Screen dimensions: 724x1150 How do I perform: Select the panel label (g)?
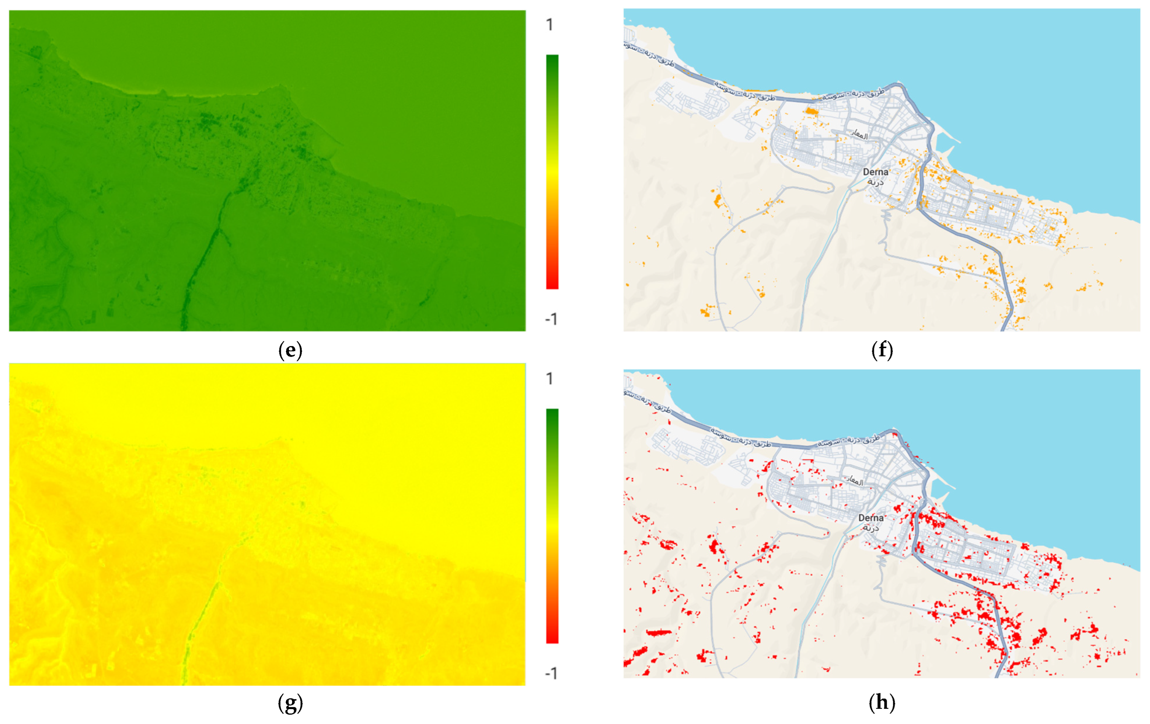(x=290, y=703)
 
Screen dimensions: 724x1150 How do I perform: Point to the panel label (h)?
(x=882, y=703)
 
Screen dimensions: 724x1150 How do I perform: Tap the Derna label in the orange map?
(x=875, y=172)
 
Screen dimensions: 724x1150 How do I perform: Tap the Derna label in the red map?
(x=871, y=518)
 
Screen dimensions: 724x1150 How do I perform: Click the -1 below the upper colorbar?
(x=551, y=319)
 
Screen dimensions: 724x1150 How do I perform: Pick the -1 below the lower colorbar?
(x=551, y=673)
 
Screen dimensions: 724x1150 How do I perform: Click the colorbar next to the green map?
(x=552, y=172)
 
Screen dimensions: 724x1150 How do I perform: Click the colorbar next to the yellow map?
(x=552, y=526)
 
